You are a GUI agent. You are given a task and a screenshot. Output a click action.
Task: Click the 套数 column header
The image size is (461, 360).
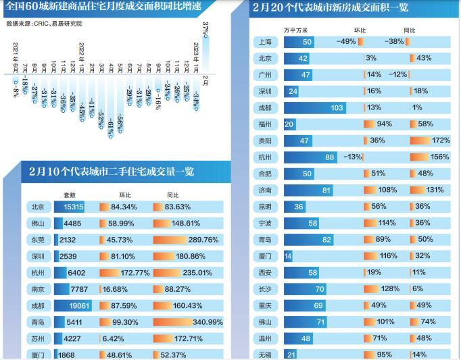69,194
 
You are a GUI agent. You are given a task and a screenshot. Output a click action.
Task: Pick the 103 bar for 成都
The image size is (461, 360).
318,107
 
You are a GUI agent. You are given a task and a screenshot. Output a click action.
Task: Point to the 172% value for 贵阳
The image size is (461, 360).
439,140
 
